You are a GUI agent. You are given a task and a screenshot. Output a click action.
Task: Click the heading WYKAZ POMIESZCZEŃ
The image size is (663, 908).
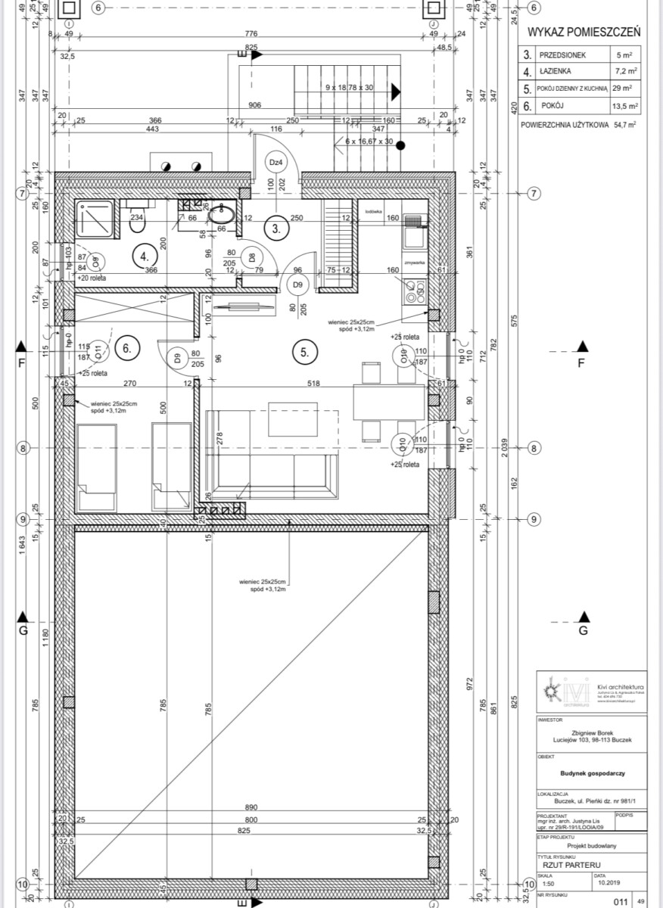[584, 32]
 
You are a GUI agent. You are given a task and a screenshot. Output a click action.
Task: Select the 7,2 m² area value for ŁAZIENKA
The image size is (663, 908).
[626, 73]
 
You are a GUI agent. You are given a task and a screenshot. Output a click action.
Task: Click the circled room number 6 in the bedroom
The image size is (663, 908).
[128, 349]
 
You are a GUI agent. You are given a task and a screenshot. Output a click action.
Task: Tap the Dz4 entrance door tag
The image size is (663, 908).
[275, 163]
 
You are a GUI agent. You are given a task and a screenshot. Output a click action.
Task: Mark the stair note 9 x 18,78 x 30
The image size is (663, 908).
[350, 88]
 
